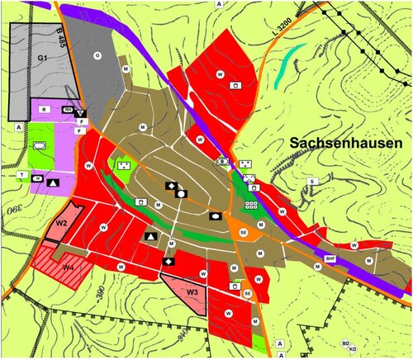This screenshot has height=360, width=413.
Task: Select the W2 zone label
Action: tap(61, 222)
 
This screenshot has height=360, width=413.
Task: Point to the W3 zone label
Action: tap(192, 291)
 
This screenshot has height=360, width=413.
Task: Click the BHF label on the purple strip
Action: tap(330, 258)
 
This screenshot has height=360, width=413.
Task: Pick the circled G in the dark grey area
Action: tap(97, 55)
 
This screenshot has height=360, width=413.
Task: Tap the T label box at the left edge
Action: tap(20, 175)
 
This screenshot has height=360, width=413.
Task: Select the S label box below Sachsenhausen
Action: tap(312, 180)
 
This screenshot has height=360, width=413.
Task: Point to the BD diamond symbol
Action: tap(346, 342)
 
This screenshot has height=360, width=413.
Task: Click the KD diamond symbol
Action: tap(353, 349)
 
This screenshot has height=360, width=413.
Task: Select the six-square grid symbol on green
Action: tap(252, 202)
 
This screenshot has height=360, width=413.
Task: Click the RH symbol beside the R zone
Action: tap(69, 109)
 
